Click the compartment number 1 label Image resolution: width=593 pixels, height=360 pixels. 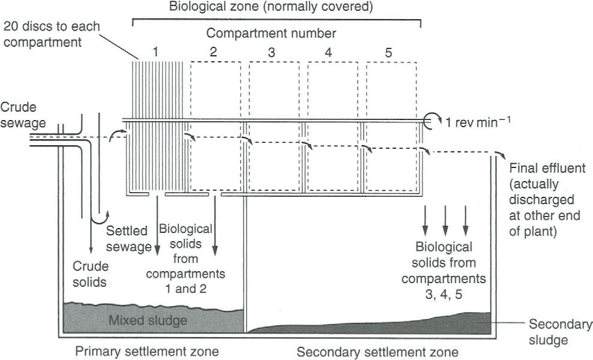(x=155, y=52)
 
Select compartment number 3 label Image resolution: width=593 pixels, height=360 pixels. (x=271, y=52)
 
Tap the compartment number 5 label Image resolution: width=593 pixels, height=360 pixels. (x=388, y=52)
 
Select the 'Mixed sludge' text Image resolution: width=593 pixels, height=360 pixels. (x=148, y=320)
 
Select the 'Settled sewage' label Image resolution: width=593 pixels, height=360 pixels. (x=128, y=238)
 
